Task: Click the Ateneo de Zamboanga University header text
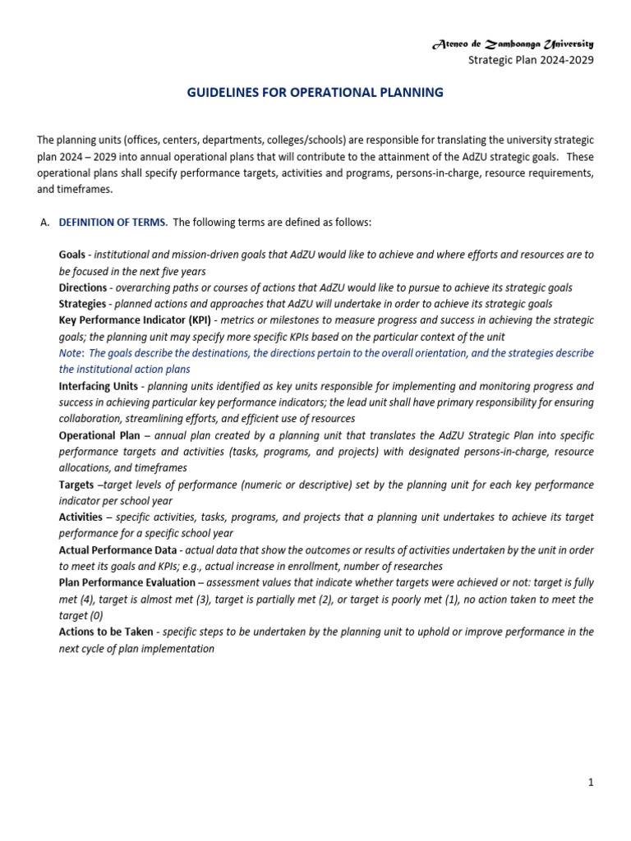point(512,44)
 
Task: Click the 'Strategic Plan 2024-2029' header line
point(531,59)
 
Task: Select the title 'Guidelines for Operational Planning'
point(315,93)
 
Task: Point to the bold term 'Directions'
point(83,287)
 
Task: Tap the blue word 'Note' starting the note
point(71,353)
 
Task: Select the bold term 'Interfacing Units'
point(99,386)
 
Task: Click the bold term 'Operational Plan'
point(99,435)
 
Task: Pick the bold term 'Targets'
point(76,485)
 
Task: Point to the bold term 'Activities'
point(81,517)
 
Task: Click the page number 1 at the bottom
point(590,783)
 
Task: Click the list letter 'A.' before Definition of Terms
point(45,223)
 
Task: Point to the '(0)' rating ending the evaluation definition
point(94,615)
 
